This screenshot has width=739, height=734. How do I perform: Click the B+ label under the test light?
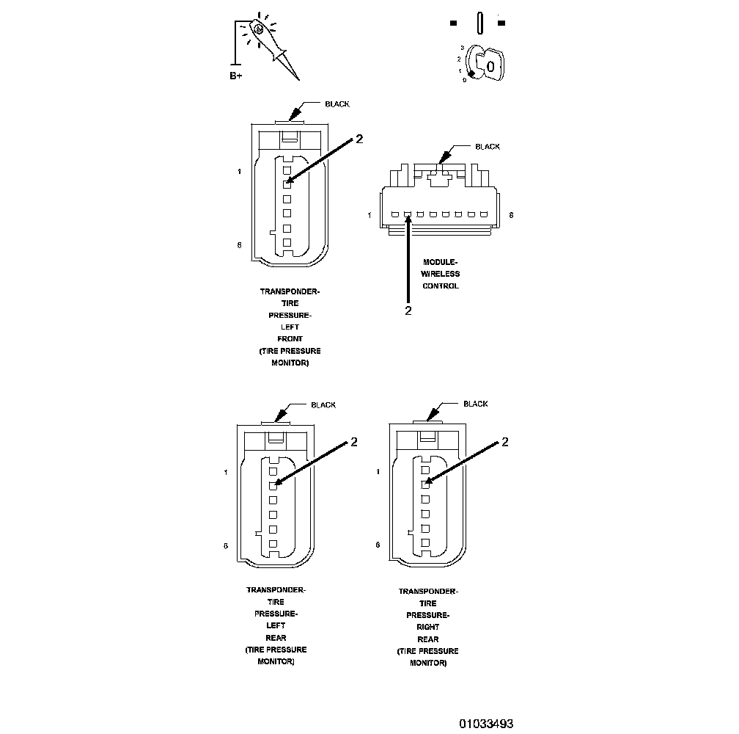tap(235, 76)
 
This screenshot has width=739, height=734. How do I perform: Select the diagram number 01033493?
tap(486, 723)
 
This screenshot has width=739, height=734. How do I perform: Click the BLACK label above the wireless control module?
tap(487, 147)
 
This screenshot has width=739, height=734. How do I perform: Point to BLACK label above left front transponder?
tap(337, 104)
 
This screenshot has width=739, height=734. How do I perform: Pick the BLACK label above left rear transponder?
tap(323, 405)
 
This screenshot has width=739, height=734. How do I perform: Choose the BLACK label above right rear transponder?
tap(476, 404)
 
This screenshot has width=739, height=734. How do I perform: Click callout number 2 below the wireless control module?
tap(408, 310)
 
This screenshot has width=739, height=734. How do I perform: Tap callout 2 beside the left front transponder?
tap(359, 140)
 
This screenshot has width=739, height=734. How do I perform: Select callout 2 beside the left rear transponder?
tap(353, 441)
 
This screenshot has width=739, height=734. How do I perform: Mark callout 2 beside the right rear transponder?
tap(504, 441)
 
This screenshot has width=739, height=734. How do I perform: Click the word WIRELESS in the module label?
tap(440, 274)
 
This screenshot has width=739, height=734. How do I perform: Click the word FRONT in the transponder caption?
tap(290, 339)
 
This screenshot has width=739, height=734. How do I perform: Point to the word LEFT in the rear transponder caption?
tap(276, 626)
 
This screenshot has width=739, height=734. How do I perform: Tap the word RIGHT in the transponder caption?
tap(428, 628)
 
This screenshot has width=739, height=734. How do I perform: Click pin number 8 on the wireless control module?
tap(510, 215)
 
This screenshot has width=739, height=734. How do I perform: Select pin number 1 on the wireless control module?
tap(370, 215)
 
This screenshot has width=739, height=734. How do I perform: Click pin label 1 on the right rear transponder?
tap(378, 471)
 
